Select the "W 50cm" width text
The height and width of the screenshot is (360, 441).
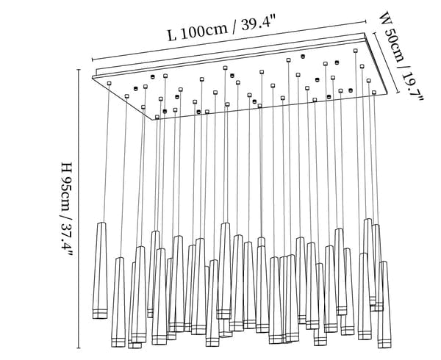coord(392,37)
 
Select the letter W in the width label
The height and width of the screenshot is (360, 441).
coord(384,18)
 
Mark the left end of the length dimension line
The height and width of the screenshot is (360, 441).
coord(91,61)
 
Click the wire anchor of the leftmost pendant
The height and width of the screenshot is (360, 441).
coord(109,84)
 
